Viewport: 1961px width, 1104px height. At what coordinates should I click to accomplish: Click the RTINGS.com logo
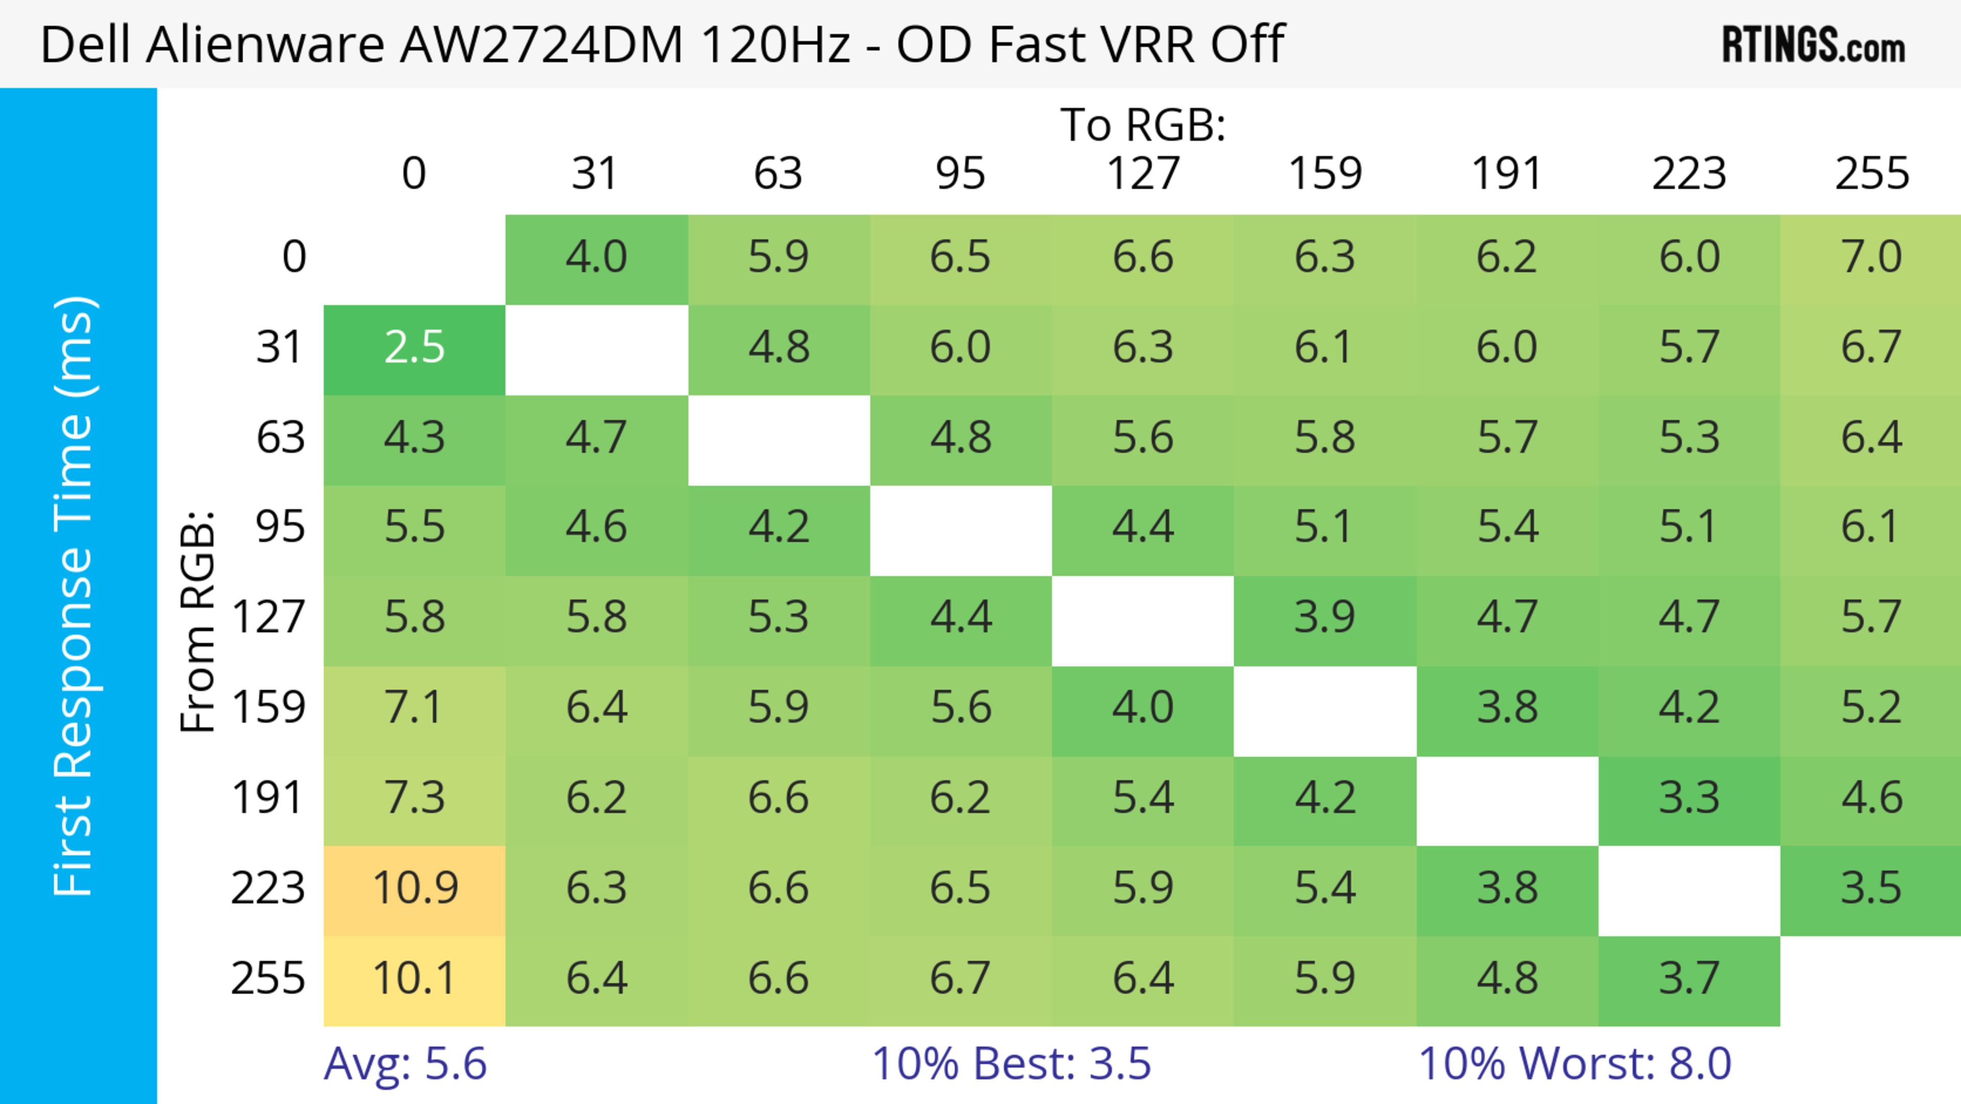click(1813, 45)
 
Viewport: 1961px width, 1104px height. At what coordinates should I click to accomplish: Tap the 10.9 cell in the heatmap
click(415, 888)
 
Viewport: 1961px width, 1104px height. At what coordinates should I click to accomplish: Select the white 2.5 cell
click(415, 348)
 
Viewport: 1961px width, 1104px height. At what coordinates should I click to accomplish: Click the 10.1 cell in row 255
click(415, 978)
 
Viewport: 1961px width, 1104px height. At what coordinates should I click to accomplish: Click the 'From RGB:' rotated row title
click(198, 621)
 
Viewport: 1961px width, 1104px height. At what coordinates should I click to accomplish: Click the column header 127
click(1143, 174)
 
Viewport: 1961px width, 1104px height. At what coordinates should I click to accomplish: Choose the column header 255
click(1871, 174)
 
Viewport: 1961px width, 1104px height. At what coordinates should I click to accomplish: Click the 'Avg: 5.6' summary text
click(405, 1064)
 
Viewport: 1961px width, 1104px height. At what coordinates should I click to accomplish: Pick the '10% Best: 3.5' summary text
click(1011, 1064)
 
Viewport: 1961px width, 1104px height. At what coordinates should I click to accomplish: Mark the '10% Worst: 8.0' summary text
click(1574, 1064)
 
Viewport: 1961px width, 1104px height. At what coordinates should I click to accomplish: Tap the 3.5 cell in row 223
click(1871, 888)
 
